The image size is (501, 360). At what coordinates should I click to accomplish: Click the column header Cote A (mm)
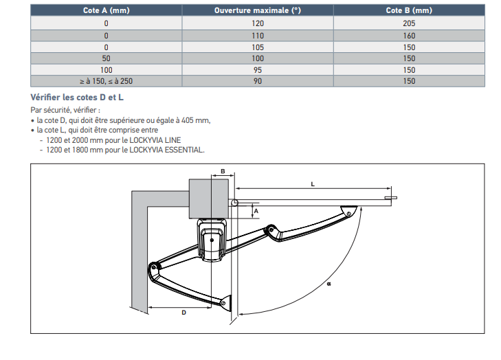[106, 11]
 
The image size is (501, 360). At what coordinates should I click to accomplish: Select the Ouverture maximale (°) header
[258, 11]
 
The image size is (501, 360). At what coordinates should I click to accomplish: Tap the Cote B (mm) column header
[409, 11]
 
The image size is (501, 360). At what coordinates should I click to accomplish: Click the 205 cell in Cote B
[409, 23]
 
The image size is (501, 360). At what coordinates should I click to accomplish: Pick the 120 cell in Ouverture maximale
[258, 23]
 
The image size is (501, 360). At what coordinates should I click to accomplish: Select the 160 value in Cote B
[409, 34]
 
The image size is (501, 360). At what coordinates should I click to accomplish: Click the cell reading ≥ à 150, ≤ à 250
[106, 81]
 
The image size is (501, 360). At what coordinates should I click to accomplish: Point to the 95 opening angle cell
[258, 69]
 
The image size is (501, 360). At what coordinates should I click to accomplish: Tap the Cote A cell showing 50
[106, 58]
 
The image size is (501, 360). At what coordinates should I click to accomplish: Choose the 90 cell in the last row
[258, 81]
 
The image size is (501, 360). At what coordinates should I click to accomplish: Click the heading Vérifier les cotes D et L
[77, 98]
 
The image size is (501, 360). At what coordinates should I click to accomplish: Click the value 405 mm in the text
[198, 120]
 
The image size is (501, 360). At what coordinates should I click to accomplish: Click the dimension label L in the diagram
[313, 184]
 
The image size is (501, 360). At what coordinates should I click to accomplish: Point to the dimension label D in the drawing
[183, 313]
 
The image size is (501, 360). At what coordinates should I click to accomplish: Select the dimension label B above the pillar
[222, 170]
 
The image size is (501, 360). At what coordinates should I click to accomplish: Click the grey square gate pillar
[209, 197]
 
